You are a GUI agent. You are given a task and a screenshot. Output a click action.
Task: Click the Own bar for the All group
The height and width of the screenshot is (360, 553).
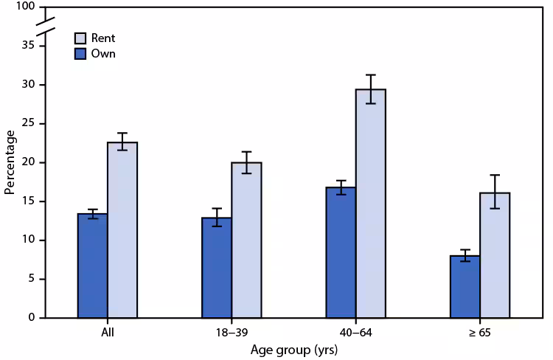tap(92, 266)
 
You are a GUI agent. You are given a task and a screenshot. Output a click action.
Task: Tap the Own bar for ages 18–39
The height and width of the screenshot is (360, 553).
tap(216, 268)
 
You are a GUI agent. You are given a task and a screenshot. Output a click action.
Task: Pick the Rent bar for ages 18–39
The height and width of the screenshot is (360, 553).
tap(246, 240)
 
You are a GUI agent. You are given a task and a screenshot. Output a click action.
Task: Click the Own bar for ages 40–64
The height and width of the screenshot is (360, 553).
tap(340, 252)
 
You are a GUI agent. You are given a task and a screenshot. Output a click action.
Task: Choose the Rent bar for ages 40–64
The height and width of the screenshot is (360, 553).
tap(370, 204)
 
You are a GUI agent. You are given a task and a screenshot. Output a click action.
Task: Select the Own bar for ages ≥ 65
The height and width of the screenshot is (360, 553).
tap(465, 287)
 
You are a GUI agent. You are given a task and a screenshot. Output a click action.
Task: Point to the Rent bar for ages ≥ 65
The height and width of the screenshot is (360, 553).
tap(495, 255)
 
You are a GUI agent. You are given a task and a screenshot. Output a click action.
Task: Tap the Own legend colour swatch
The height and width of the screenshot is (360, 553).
tap(80, 54)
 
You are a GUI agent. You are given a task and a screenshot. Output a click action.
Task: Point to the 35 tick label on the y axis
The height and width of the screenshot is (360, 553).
tap(28, 46)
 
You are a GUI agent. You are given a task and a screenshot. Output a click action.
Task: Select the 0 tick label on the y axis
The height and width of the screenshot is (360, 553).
tap(31, 318)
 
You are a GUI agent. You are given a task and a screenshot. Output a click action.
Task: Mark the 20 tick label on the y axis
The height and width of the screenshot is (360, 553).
tap(28, 162)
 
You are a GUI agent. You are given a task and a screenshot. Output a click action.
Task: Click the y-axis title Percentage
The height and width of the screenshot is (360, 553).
tap(10, 162)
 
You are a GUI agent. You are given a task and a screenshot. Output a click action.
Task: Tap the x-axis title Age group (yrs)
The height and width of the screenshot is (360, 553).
tap(293, 350)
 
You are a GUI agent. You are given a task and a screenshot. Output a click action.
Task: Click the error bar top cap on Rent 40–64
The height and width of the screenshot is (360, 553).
tap(370, 75)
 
